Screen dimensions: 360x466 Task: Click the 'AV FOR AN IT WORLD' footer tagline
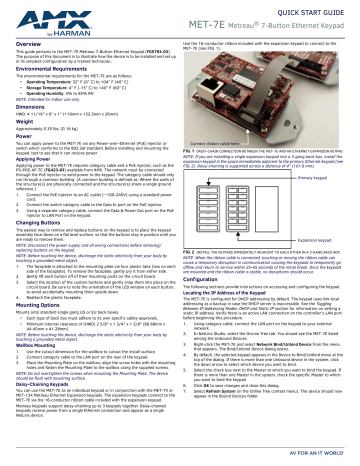tap(321, 459)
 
